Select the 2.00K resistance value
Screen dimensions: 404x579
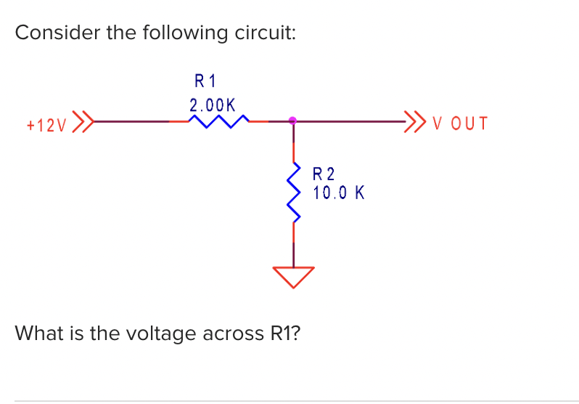click(x=212, y=105)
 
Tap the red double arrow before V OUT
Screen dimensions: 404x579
click(x=415, y=121)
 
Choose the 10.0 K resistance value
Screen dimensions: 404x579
click(x=339, y=193)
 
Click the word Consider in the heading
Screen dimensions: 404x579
click(x=55, y=33)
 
